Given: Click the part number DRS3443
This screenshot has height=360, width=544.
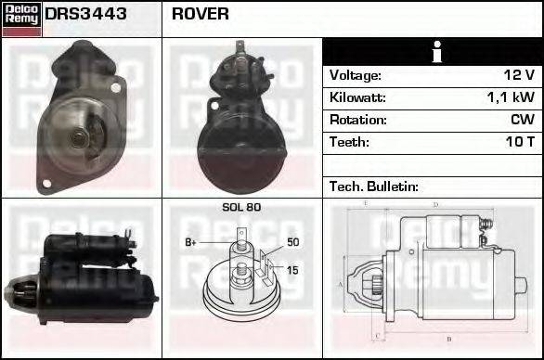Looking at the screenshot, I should click(x=86, y=15).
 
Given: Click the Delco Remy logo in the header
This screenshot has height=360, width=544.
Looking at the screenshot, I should click(x=21, y=18).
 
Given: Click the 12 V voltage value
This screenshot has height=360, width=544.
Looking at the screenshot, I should click(x=515, y=75).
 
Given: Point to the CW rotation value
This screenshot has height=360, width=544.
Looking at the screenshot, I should click(x=523, y=120).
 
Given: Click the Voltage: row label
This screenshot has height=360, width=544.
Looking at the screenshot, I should click(x=356, y=75).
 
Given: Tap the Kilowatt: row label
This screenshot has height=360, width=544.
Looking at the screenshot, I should click(x=357, y=97).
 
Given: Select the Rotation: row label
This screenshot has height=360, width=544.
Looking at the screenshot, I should click(x=356, y=120).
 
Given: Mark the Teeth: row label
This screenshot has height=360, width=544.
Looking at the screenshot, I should click(x=349, y=142).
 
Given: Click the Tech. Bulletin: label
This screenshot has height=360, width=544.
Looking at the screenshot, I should click(x=374, y=186).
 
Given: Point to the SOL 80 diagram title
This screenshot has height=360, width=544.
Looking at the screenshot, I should click(x=241, y=208).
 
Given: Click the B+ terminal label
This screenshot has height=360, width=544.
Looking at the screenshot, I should click(x=190, y=242).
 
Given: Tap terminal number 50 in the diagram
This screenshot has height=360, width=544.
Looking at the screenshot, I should click(x=292, y=242).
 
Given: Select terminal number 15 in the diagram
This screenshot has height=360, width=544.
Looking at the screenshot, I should click(x=292, y=270).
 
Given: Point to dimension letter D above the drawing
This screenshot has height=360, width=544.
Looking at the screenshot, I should click(x=435, y=203).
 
